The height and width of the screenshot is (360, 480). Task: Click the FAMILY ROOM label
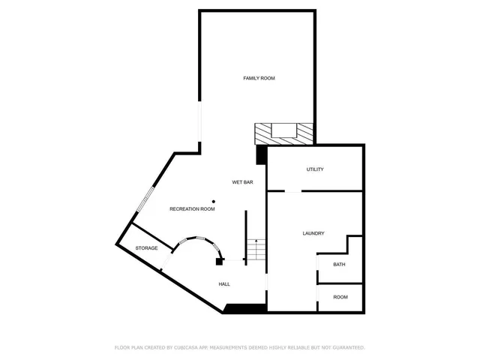click(x=258, y=78)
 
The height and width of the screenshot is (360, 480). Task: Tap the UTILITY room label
click(x=315, y=169)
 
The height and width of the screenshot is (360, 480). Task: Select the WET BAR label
click(x=242, y=182)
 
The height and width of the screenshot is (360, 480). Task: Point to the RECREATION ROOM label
click(x=192, y=209)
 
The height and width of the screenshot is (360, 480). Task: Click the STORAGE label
click(x=146, y=248)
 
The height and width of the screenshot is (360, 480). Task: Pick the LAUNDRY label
click(x=313, y=233)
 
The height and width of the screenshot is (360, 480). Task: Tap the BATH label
click(x=339, y=264)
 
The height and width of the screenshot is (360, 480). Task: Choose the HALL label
click(x=224, y=284)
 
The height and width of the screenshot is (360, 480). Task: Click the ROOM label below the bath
click(x=340, y=297)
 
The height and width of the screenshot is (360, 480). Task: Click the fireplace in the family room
click(x=283, y=133)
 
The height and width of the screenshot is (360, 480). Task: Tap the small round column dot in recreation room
click(x=214, y=201)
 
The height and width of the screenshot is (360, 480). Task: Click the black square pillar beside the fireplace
click(x=261, y=154)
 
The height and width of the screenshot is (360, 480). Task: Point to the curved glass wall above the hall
click(x=196, y=240)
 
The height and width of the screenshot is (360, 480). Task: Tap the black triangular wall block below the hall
click(x=244, y=308)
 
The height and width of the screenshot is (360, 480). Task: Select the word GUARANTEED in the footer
click(x=345, y=347)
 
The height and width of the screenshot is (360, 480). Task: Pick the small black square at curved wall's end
click(x=219, y=261)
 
